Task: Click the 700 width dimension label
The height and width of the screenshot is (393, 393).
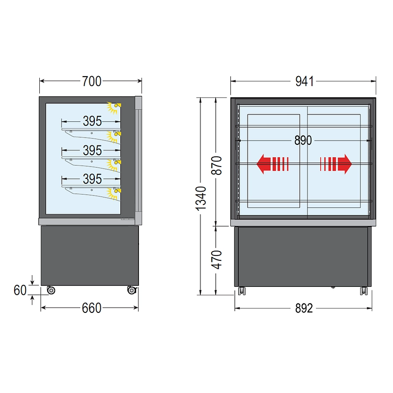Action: click(92, 81)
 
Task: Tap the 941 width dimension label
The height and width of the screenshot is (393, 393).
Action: click(304, 81)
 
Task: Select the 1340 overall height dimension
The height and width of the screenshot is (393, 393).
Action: click(201, 198)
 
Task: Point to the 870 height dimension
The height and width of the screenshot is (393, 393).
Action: click(216, 166)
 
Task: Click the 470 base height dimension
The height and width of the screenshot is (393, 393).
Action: click(216, 260)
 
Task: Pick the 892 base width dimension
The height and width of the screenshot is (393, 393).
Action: click(304, 309)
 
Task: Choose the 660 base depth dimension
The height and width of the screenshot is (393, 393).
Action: click(91, 308)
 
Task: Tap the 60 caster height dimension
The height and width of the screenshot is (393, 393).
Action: click(20, 290)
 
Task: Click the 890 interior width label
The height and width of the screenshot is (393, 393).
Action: click(303, 140)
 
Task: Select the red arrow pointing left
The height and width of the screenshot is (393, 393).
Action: click(273, 164)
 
